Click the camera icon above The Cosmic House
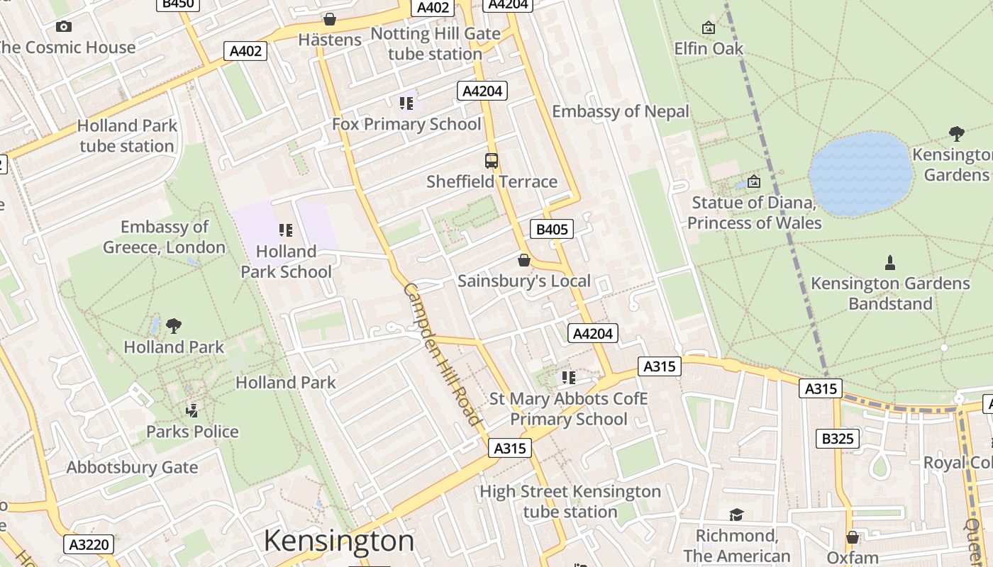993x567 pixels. [x=64, y=27]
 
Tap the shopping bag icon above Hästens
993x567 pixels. [x=330, y=19]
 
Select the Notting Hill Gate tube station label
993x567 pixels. [x=435, y=44]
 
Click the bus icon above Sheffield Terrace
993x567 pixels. [x=492, y=161]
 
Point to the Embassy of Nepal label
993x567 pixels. [x=621, y=111]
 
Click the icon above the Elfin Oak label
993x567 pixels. [x=708, y=28]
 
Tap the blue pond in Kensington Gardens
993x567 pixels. [x=860, y=174]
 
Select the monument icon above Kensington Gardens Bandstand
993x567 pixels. [x=890, y=263]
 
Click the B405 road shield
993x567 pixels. [x=551, y=229]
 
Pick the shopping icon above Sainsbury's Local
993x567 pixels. [x=524, y=261]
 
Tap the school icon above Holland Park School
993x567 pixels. [x=286, y=230]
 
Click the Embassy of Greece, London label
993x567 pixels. [x=165, y=237]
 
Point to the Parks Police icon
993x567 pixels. [x=192, y=410]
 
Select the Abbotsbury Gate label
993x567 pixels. [x=132, y=468]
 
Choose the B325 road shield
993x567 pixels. [x=838, y=439]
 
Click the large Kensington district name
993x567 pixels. [x=338, y=541]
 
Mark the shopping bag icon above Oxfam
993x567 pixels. [x=853, y=538]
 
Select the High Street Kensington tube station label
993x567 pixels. [x=570, y=501]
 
